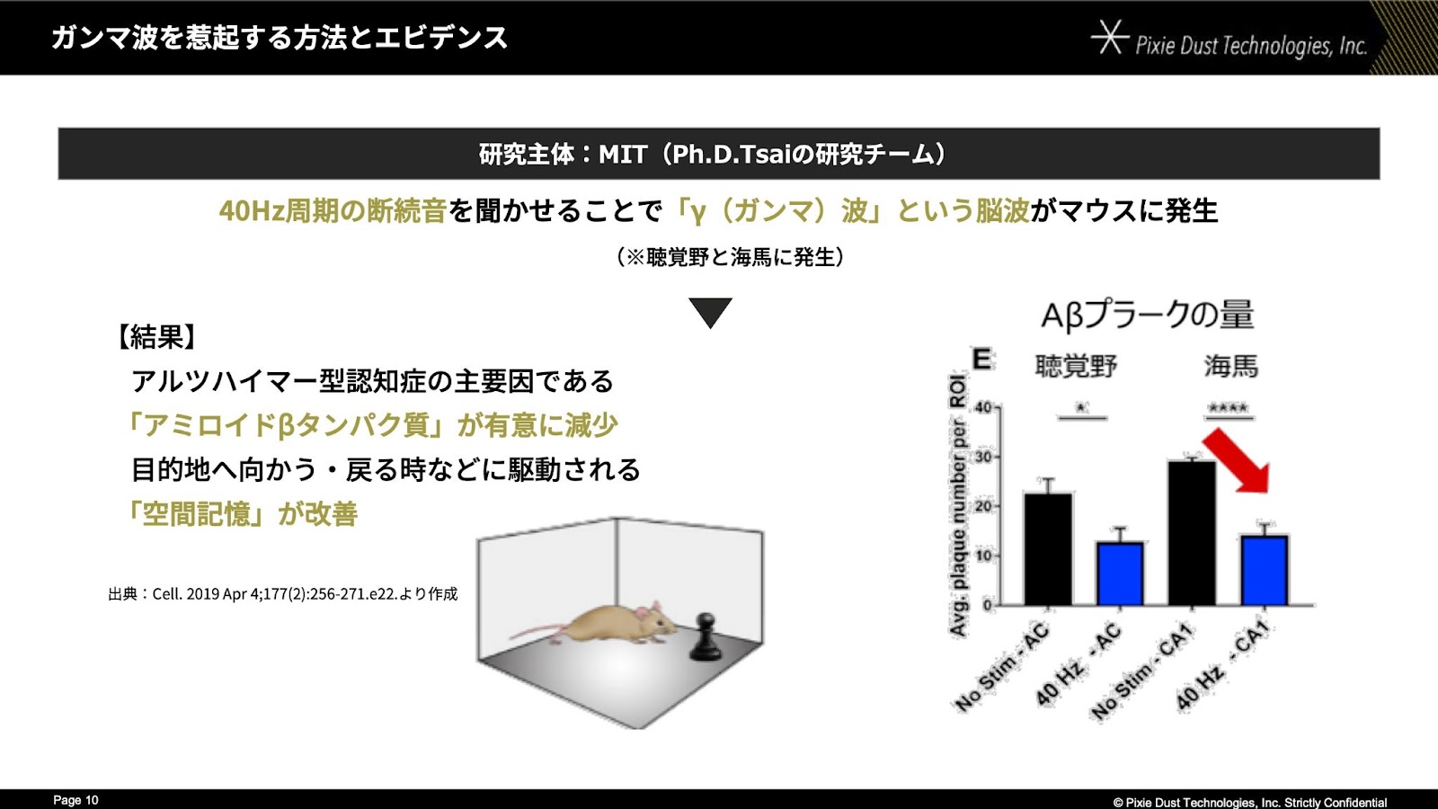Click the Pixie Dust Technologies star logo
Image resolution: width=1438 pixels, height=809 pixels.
pos(1109,37)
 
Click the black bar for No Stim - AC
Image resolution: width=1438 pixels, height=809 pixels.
pos(1048,549)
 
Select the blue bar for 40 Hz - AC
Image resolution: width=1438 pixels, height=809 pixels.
pos(1120,574)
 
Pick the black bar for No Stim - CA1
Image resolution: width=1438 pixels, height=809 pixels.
pos(1192,533)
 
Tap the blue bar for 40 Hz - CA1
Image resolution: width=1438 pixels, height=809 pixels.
pos(1264,570)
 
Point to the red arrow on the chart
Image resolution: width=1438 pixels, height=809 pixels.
pos(1237,461)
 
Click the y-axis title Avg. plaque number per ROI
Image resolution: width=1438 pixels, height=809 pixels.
pos(957,505)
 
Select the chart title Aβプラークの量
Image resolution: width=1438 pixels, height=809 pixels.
pos(1147,316)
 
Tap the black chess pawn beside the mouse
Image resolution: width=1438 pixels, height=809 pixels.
pos(705,637)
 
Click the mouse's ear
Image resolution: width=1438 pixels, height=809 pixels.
pos(655,608)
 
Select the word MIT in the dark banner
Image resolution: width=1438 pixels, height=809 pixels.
pos(622,154)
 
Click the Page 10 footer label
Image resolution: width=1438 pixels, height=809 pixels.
pos(75,800)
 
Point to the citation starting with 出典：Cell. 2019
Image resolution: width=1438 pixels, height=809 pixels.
pos(283,594)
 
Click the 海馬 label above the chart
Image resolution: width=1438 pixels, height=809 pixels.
pos(1230,366)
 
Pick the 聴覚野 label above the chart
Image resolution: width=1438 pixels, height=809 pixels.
pos(1077,366)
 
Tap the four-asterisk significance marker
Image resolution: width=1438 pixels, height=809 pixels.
pos(1228,408)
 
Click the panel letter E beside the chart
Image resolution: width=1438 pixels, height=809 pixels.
pos(981,359)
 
